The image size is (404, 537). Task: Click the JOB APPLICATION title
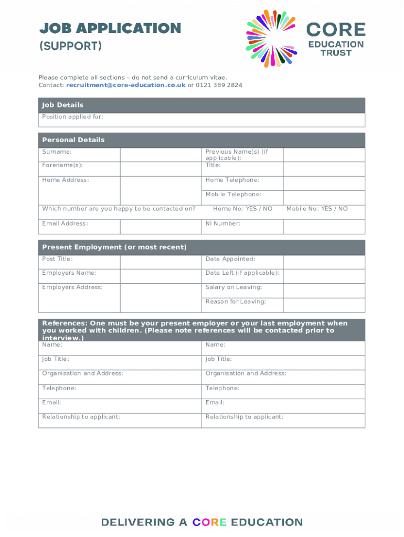(x=110, y=28)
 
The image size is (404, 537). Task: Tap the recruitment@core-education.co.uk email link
(x=126, y=85)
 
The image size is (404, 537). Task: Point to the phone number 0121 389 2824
(x=219, y=85)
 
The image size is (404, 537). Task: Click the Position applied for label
(x=72, y=117)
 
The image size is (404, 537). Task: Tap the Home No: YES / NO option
(x=242, y=209)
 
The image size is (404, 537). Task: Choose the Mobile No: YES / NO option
(x=317, y=209)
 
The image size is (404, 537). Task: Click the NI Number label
(x=223, y=223)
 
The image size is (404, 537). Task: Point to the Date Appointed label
(x=230, y=259)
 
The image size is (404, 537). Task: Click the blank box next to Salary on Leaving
(x=324, y=291)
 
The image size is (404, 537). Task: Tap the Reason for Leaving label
(x=236, y=302)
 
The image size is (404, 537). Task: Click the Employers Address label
(x=72, y=287)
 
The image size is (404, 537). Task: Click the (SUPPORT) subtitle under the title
(x=70, y=46)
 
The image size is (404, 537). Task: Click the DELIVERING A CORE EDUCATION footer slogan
(x=202, y=522)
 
